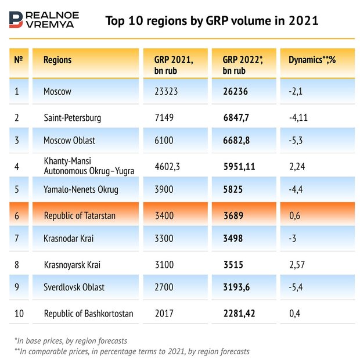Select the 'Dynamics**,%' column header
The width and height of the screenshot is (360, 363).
(x=309, y=60)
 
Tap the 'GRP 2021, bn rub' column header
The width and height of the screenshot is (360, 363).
(x=173, y=65)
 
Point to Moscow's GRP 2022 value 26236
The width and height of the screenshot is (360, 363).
(x=236, y=91)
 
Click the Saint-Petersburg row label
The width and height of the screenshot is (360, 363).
(x=73, y=118)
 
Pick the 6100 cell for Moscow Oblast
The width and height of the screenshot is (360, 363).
(x=165, y=141)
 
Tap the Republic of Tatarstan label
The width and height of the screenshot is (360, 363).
(x=80, y=215)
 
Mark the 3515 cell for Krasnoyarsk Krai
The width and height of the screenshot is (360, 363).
(x=234, y=265)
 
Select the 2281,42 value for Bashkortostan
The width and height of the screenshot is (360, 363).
(x=242, y=314)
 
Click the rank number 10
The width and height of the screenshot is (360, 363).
(x=19, y=314)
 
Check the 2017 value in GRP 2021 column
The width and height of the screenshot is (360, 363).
(x=164, y=314)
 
